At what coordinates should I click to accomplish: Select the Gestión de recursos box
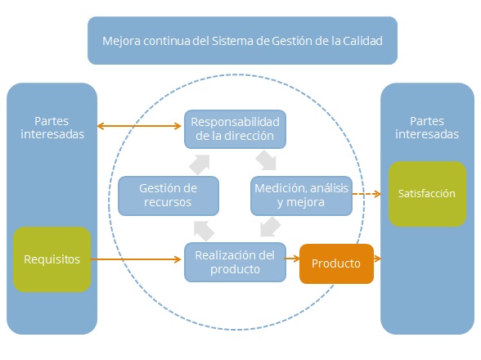[x=169, y=195]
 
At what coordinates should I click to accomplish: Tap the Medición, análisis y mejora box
[x=300, y=195]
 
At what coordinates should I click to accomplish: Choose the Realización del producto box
[x=235, y=262]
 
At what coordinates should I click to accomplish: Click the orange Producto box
[x=336, y=263]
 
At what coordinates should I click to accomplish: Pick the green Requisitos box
[x=52, y=259]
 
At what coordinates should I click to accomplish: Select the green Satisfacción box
[x=426, y=194]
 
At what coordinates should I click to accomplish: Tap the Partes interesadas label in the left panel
[x=52, y=128]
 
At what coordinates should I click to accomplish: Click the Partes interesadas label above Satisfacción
[x=426, y=128]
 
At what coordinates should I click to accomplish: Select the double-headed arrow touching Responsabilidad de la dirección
[x=140, y=126]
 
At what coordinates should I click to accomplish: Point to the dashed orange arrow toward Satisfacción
[x=367, y=194]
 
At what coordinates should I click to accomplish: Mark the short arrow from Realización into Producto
[x=292, y=260]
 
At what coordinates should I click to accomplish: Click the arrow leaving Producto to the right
[x=378, y=263]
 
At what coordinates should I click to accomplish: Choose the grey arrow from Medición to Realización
[x=267, y=225]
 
